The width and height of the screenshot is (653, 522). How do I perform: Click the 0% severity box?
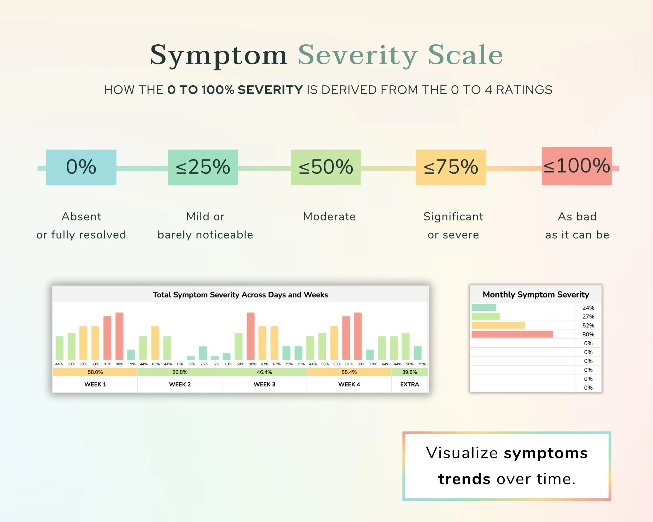pos(81,167)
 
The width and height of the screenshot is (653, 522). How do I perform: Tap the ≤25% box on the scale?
pos(203,167)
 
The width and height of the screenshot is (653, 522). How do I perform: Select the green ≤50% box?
pos(326,167)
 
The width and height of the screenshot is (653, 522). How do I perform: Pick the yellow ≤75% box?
pos(451,167)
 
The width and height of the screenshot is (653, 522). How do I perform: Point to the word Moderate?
pos(329,217)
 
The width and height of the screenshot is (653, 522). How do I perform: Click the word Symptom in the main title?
pos(218,55)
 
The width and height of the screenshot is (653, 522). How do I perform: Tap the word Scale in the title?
pos(465,55)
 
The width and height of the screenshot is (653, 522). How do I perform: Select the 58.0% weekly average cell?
pos(95,372)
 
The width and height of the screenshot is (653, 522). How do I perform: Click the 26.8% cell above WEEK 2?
pos(180,372)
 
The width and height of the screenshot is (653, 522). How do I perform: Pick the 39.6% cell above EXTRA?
pos(410,372)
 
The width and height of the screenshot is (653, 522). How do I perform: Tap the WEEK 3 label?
pos(264,384)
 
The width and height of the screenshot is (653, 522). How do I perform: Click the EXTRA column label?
pos(410,384)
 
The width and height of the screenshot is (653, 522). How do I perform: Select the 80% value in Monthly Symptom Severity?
pos(588,334)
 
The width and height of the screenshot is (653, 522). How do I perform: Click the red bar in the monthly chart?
pos(512,334)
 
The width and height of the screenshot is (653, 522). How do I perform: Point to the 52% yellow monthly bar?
pos(498,325)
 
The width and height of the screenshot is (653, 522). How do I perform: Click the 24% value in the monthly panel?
pos(588,308)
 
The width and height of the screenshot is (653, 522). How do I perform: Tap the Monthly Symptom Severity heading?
pos(535,294)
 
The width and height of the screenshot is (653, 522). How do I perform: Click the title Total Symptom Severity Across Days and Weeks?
pos(240,295)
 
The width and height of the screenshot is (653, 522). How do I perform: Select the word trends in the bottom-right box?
pos(464,479)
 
